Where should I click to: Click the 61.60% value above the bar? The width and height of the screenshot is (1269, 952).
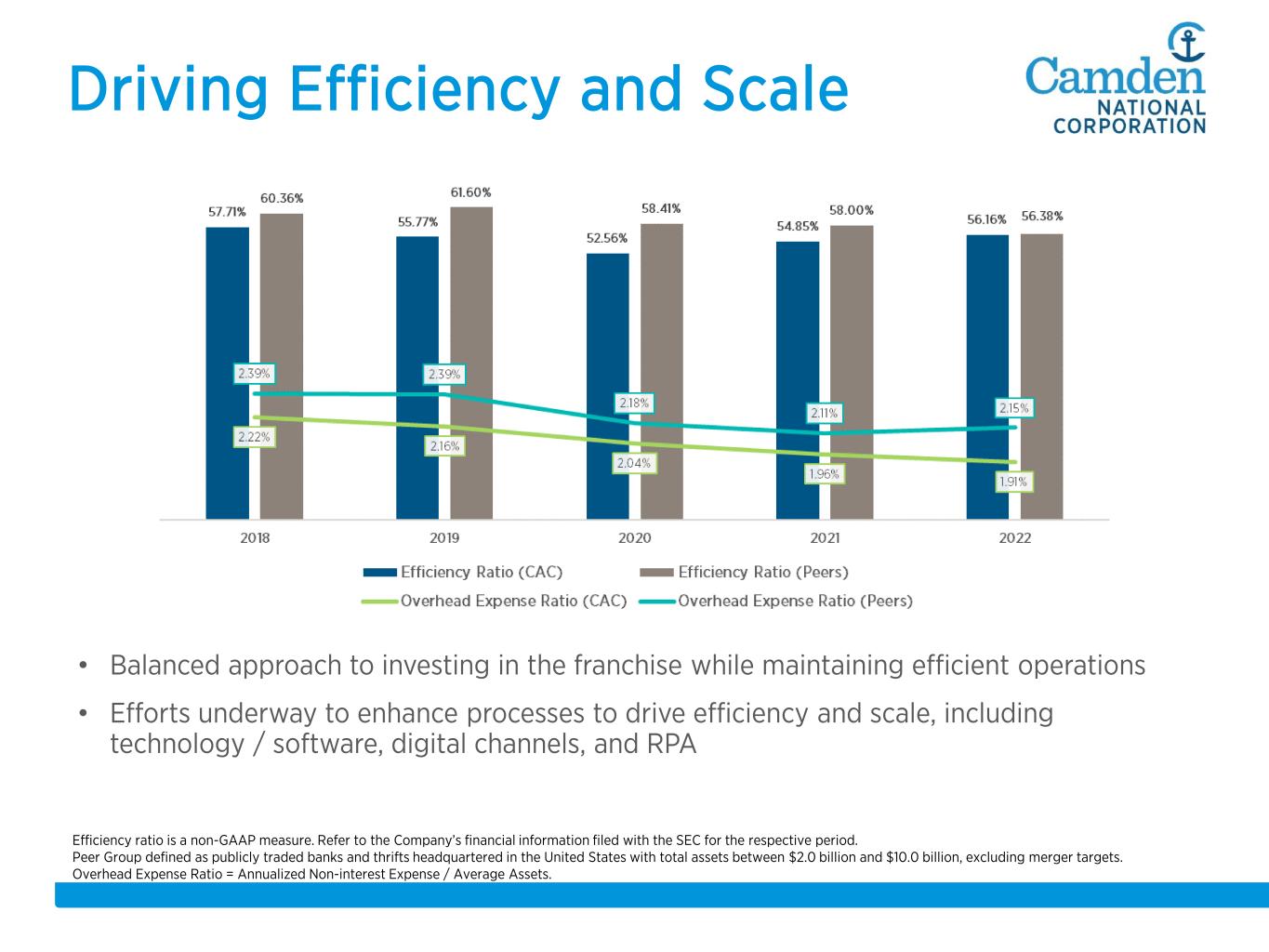471,192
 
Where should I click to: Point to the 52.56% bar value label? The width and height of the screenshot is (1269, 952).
607,239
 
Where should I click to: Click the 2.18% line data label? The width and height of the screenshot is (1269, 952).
634,403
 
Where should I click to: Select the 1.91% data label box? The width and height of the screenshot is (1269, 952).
1013,482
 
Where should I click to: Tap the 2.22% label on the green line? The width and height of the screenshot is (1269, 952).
254,437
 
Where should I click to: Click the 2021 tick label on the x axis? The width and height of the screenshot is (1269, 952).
825,538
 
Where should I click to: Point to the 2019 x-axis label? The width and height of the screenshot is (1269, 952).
444,538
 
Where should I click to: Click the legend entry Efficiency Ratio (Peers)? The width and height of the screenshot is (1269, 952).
762,572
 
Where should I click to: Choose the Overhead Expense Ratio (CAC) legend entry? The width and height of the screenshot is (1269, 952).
513,601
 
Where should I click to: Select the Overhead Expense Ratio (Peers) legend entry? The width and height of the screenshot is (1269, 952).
795,601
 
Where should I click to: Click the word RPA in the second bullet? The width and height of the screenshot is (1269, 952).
671,745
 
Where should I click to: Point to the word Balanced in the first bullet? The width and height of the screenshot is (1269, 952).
165,666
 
